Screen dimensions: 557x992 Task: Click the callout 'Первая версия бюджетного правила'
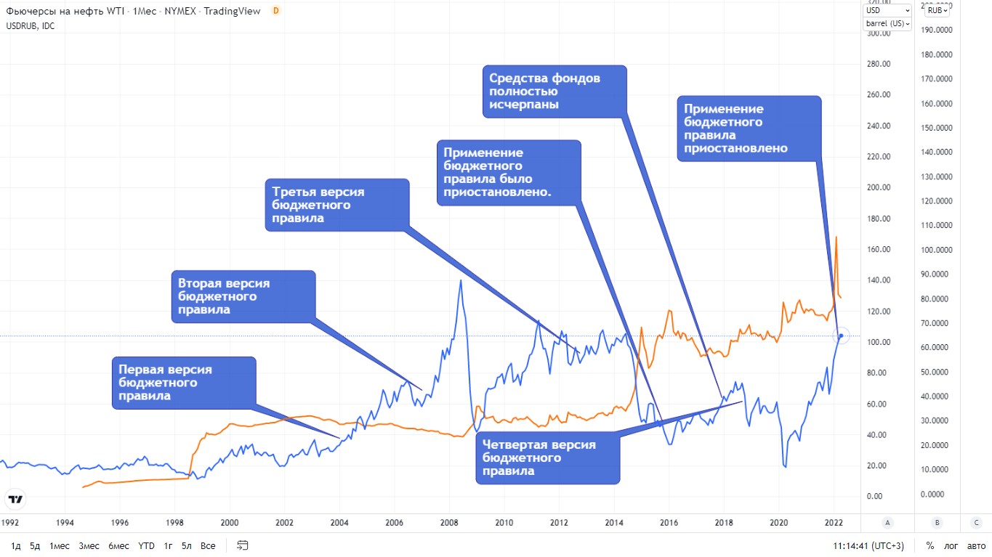click(x=184, y=382)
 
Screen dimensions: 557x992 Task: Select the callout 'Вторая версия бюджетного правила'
click(x=243, y=296)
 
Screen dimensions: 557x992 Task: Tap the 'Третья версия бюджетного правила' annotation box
click(x=336, y=205)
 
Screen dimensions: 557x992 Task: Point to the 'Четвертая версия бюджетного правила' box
click(x=548, y=458)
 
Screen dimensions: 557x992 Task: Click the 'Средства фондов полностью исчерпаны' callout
click(x=555, y=91)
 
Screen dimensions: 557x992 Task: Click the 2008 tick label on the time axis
click(x=449, y=521)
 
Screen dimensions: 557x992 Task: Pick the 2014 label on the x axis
click(x=614, y=521)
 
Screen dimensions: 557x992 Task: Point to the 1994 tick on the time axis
click(x=65, y=521)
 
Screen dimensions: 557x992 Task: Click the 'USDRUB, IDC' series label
click(x=31, y=26)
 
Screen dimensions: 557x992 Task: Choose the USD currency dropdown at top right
click(x=887, y=10)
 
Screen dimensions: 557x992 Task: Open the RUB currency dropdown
click(x=937, y=10)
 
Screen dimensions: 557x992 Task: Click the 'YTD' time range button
click(x=145, y=545)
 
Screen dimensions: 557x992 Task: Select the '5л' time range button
click(x=187, y=545)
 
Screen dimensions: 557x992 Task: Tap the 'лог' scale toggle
click(x=951, y=545)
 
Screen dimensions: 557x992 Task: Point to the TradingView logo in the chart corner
click(x=15, y=500)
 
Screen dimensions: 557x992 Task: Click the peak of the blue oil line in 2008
click(x=460, y=280)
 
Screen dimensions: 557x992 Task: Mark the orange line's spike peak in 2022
click(x=836, y=237)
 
